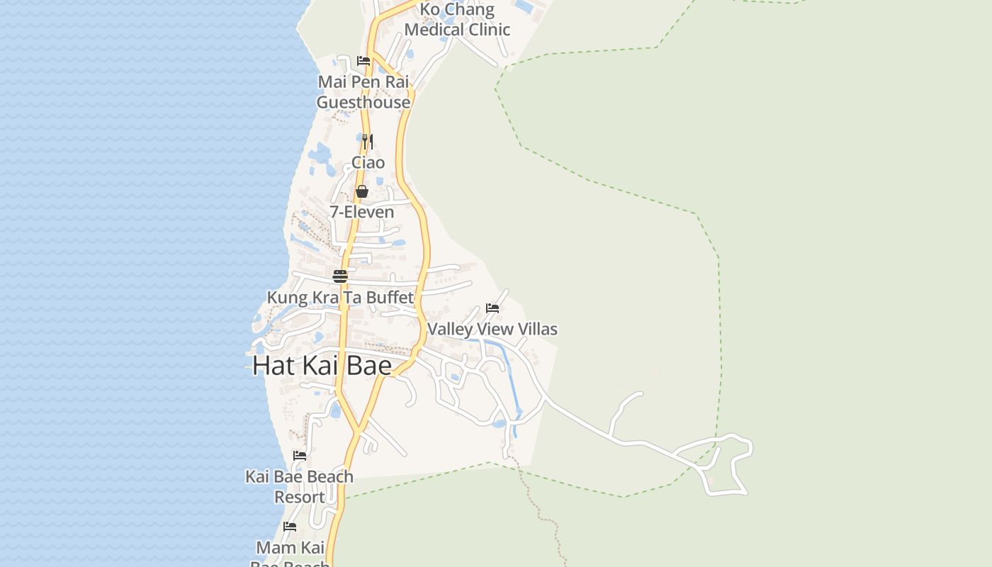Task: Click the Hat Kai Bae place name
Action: pyautogui.click(x=322, y=366)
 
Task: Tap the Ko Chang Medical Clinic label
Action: pyautogui.click(x=457, y=20)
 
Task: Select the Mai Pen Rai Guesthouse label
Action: pyautogui.click(x=363, y=92)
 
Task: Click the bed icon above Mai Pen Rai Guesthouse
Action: pyautogui.click(x=363, y=61)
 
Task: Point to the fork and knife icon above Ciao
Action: pyautogui.click(x=367, y=142)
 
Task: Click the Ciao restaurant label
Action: pyautogui.click(x=368, y=163)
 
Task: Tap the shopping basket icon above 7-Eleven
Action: pyautogui.click(x=362, y=191)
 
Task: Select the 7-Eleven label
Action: pyautogui.click(x=362, y=212)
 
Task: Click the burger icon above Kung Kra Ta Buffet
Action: pyautogui.click(x=340, y=276)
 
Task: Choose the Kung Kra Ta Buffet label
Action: pyautogui.click(x=340, y=298)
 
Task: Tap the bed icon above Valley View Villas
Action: pyautogui.click(x=492, y=308)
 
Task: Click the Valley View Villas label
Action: pyautogui.click(x=492, y=329)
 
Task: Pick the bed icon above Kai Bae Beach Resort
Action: pyautogui.click(x=300, y=456)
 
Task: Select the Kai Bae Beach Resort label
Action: pyautogui.click(x=300, y=486)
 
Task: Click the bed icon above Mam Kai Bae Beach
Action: pyautogui.click(x=290, y=527)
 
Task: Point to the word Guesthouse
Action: pyautogui.click(x=363, y=103)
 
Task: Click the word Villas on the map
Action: pyautogui.click(x=536, y=329)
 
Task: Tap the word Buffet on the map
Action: pyautogui.click(x=390, y=298)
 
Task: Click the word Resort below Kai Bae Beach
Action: pyautogui.click(x=300, y=498)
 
